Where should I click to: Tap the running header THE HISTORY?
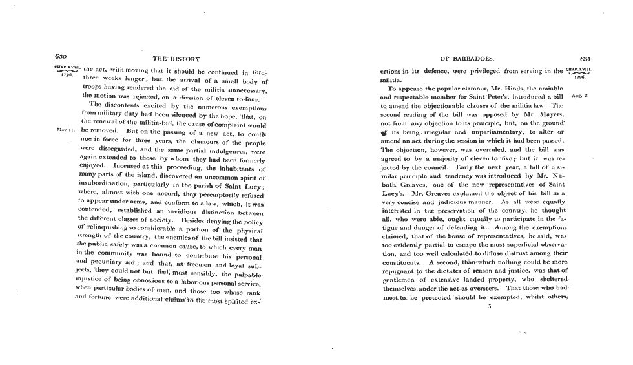click(176, 59)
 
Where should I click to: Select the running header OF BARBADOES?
click(466, 58)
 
